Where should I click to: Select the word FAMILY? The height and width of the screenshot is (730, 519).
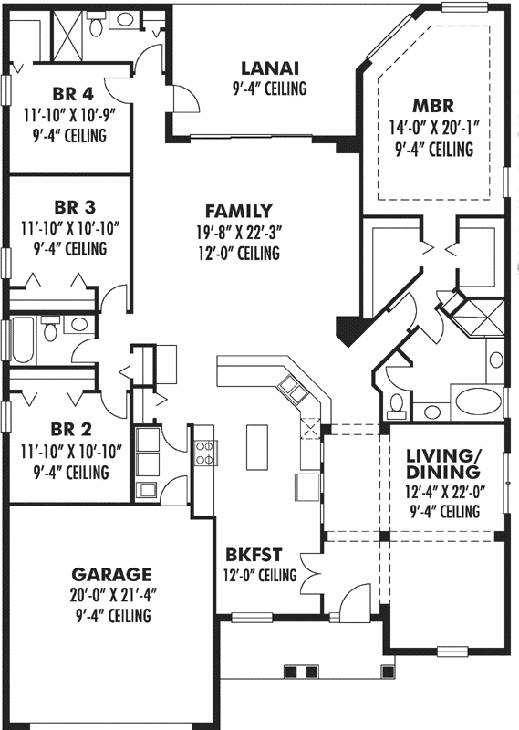pyautogui.click(x=238, y=210)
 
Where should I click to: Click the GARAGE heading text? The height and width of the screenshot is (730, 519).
pyautogui.click(x=110, y=574)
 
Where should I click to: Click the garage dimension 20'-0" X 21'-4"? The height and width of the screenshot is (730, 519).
pyautogui.click(x=110, y=596)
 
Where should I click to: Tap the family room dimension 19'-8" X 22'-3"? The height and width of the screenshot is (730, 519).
pyautogui.click(x=238, y=232)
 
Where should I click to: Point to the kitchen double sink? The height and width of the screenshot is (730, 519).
pyautogui.click(x=295, y=392)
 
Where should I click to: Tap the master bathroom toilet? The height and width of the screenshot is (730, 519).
pyautogui.click(x=396, y=402)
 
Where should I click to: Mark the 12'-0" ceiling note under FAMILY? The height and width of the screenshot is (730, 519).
pyautogui.click(x=238, y=254)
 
